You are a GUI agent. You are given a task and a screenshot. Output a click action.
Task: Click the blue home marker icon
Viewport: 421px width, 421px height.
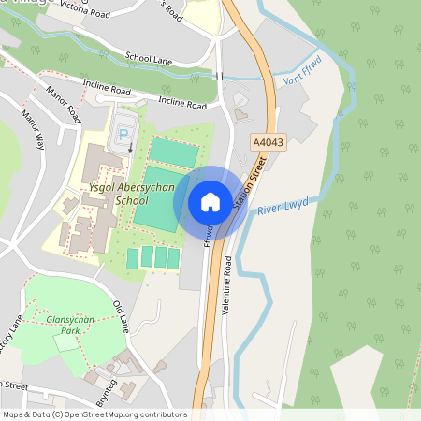pos(210,202)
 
